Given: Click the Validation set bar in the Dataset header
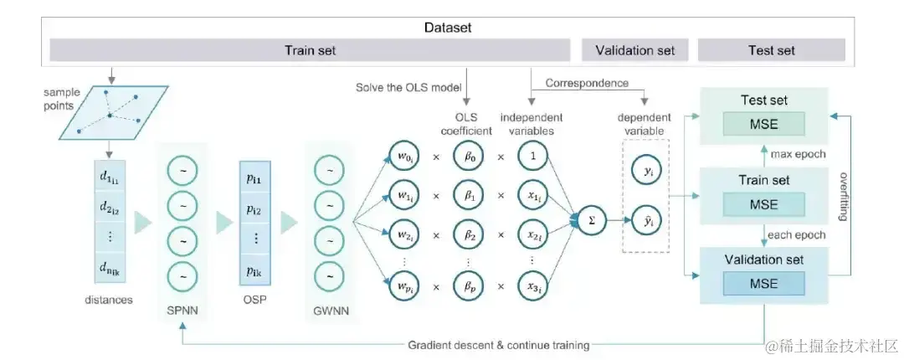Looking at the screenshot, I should pyautogui.click(x=634, y=50).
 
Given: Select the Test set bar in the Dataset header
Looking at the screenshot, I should pyautogui.click(x=771, y=50).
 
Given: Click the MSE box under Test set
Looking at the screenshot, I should pyautogui.click(x=764, y=124).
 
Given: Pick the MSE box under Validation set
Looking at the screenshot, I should pyautogui.click(x=764, y=283).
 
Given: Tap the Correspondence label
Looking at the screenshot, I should pyautogui.click(x=587, y=83).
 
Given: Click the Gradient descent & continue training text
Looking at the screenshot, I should pyautogui.click(x=499, y=344).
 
